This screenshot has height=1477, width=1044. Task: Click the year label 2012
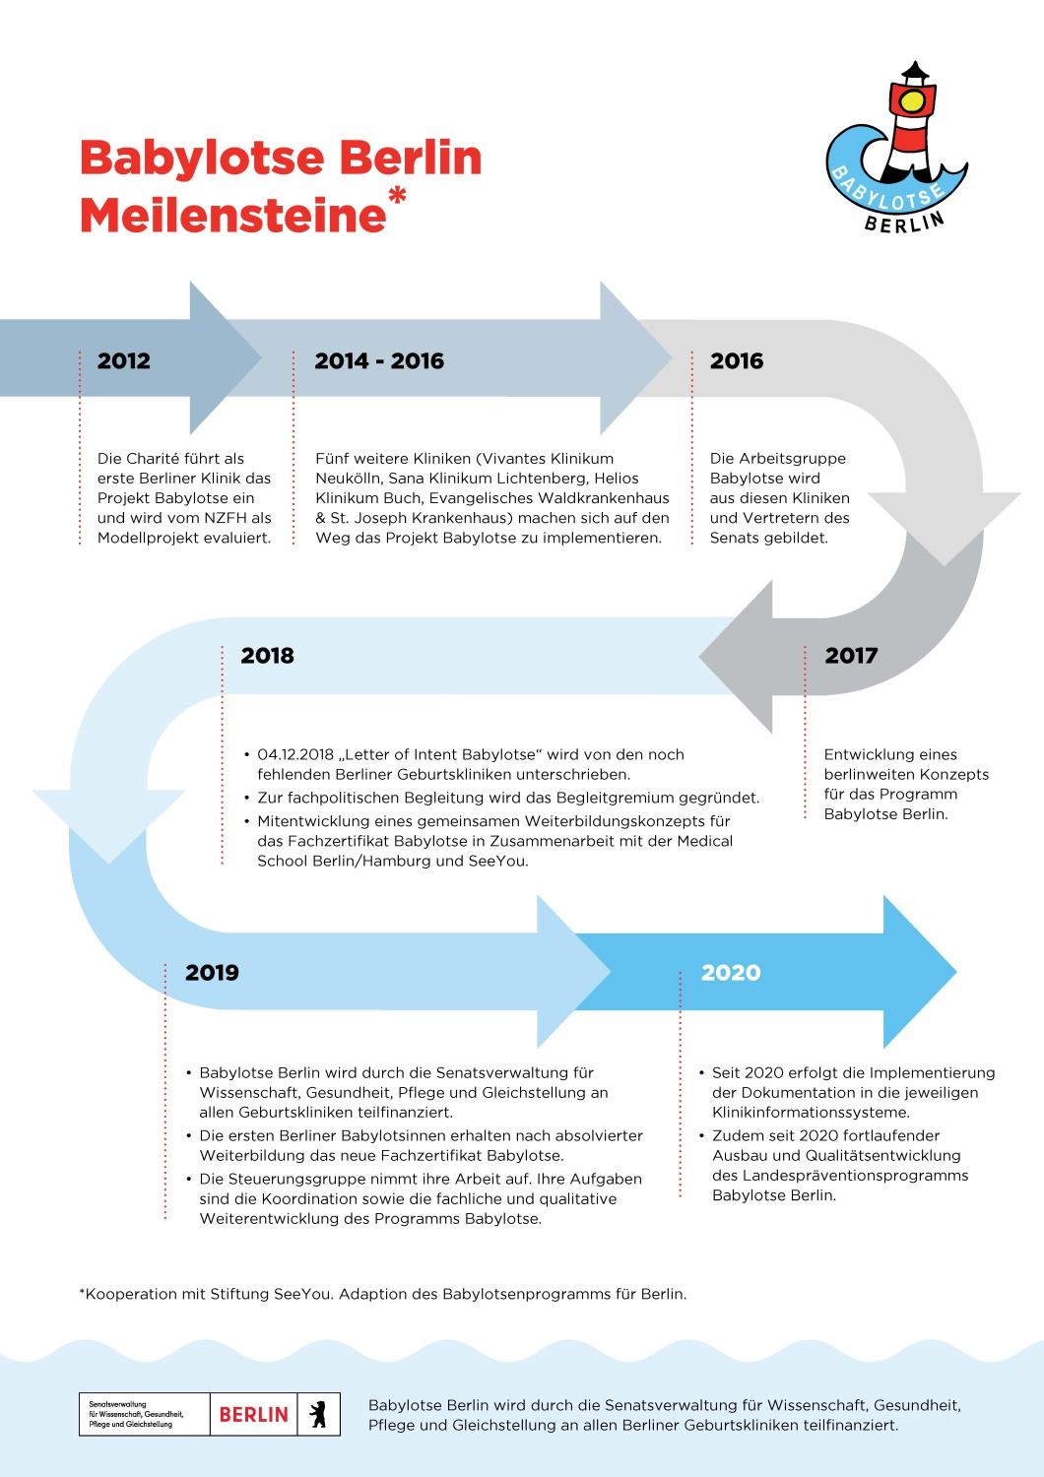pos(123,360)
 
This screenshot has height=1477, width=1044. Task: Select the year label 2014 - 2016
pos(379,360)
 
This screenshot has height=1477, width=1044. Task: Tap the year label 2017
pos(851,656)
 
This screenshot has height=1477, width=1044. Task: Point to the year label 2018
pos(267,656)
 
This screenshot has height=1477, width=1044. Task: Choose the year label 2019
pos(212,973)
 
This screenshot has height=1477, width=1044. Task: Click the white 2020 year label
pos(731,973)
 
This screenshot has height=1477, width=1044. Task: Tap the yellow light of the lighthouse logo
pos(913,100)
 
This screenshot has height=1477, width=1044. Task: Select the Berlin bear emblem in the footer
pos(318,1414)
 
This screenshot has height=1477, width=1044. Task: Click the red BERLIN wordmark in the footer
pos(254,1414)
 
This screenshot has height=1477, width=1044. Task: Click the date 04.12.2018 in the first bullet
pos(295,754)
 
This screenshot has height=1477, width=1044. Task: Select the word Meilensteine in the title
pos(232,215)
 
